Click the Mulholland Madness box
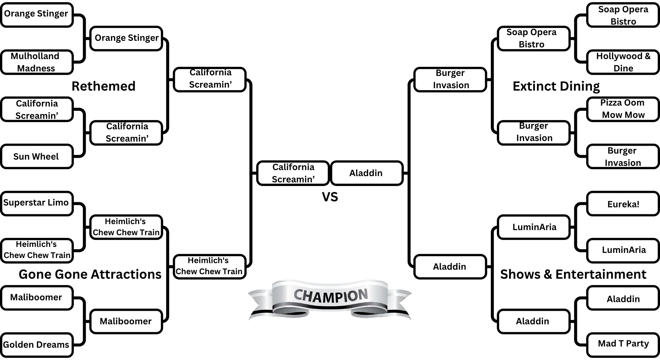click(x=37, y=62)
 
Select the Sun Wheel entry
click(x=37, y=156)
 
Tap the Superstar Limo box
click(x=37, y=203)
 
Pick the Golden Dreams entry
click(x=37, y=345)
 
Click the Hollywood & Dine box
click(x=623, y=62)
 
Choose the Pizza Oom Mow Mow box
click(x=623, y=109)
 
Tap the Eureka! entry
click(x=623, y=204)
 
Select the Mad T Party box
click(x=623, y=344)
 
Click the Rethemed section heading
click(x=103, y=86)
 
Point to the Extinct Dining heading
click(x=556, y=86)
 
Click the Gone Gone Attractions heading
click(x=90, y=274)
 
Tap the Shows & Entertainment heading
click(x=573, y=274)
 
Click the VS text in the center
click(x=330, y=197)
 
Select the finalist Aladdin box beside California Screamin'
click(x=366, y=173)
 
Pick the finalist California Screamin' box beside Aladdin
click(x=293, y=173)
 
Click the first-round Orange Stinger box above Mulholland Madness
click(x=37, y=14)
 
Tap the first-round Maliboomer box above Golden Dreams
click(x=37, y=297)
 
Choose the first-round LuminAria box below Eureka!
click(x=623, y=250)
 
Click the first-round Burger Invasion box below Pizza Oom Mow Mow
click(x=623, y=156)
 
